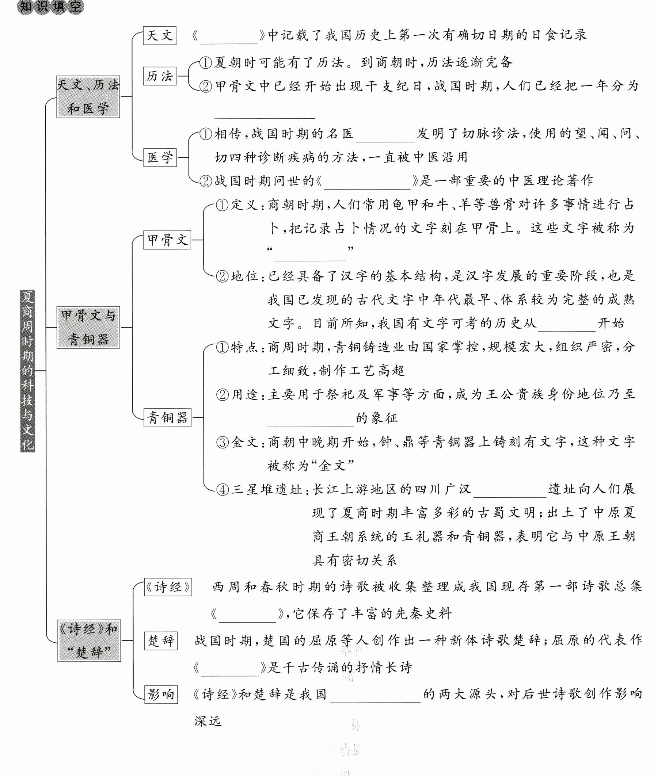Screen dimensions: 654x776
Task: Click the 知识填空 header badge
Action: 50,7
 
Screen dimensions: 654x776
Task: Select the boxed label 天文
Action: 159,35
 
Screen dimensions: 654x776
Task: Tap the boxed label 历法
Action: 159,76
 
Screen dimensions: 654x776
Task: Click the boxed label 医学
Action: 160,157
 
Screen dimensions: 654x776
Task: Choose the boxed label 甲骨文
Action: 167,240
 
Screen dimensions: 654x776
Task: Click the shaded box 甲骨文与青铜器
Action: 88,327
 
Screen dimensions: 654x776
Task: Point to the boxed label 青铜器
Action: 167,418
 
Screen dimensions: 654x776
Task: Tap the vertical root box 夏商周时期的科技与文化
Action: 27,371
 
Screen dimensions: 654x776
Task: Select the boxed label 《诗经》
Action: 168,587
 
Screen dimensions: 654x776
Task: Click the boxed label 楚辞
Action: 161,641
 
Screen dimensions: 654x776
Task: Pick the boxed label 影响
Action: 161,694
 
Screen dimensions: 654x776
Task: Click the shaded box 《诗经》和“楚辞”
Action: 89,641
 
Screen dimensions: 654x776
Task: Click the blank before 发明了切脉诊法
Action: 385,135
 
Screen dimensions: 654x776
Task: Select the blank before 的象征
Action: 311,420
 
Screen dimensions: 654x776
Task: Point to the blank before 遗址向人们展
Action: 510,491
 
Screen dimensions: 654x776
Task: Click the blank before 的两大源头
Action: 375,696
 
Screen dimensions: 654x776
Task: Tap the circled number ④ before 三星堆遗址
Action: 223,490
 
